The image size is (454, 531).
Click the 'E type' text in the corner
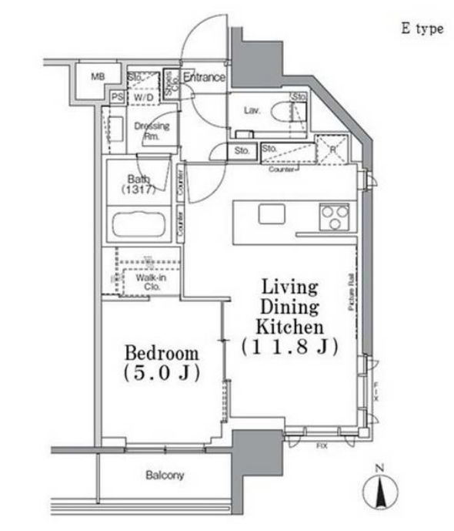point(421,29)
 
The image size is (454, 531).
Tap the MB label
point(97,76)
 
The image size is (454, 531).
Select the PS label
point(117,97)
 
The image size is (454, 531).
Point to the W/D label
point(142,98)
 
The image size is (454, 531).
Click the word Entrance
point(204,77)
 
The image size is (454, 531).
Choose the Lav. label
point(251,110)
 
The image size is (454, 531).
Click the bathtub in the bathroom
point(144,227)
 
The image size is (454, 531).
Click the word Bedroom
point(162,354)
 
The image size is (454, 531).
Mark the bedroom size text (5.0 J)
point(162,375)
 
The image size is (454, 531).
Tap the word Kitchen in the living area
point(289,326)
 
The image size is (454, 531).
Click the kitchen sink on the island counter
point(272,213)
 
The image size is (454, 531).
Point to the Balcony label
point(165,476)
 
